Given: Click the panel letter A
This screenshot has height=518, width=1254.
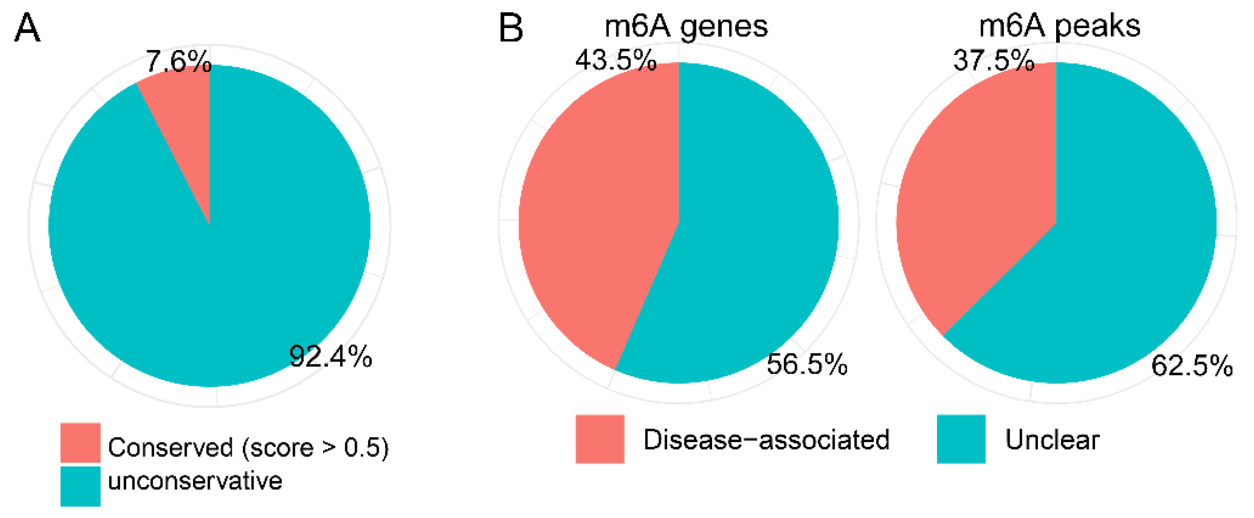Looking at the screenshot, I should coord(27,28).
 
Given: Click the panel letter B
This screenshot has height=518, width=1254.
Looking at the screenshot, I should coord(511,28).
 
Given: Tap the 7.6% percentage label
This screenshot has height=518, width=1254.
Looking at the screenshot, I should coord(178,62).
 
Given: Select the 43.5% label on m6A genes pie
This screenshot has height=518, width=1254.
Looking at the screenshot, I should coord(616,60).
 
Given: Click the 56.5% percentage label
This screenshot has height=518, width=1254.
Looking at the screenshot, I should coord(807,364).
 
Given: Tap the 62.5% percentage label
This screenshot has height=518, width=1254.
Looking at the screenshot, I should coord(1192,365).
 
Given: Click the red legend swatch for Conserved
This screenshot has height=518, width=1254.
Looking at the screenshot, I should coord(80,443).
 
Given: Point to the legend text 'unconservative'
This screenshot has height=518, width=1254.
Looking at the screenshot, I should coord(195,481).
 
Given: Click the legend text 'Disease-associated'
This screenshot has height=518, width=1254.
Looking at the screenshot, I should coord(766,439).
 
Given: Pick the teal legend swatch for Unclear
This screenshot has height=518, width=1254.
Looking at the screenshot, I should coord(961,439).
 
